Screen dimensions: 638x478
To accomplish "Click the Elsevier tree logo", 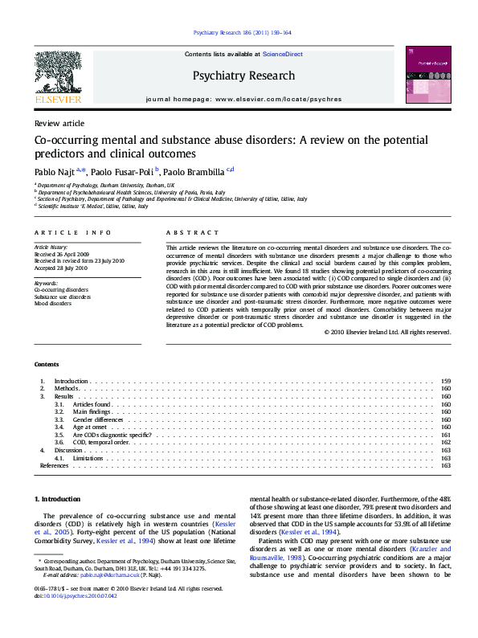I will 57,73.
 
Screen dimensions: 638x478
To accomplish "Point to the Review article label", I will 59,123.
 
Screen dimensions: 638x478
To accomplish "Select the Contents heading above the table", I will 47,364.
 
